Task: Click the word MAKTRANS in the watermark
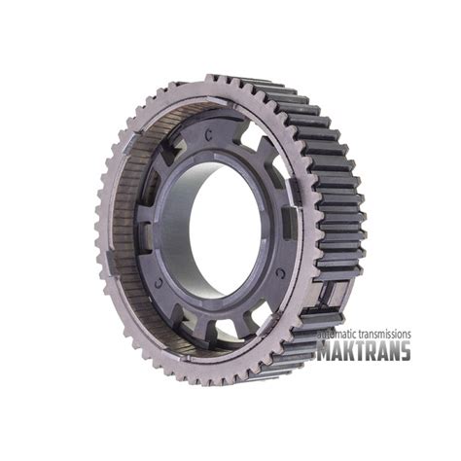[364, 350]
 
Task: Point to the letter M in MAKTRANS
[324, 350]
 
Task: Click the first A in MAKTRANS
[338, 350]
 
